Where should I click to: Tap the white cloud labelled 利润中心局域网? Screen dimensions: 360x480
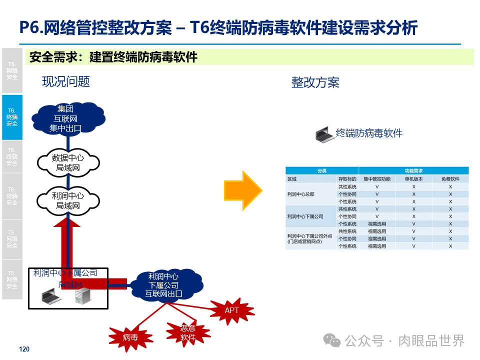tap(68, 200)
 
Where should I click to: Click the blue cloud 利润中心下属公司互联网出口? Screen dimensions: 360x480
tap(163, 285)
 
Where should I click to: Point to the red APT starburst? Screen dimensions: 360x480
tap(232, 310)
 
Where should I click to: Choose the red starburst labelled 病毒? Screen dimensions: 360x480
tap(130, 337)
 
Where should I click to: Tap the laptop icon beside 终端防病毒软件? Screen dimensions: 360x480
tap(324, 134)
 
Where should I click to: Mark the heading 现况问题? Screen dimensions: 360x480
tap(66, 81)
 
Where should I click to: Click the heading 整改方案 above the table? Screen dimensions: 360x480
tap(315, 82)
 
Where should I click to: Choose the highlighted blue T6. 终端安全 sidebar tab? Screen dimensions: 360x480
tap(12, 117)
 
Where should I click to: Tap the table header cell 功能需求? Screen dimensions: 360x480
tap(414, 170)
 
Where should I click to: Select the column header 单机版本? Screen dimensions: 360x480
tap(414, 178)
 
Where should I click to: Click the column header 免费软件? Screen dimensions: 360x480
tap(450, 178)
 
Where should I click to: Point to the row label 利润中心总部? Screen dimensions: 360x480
tap(301, 194)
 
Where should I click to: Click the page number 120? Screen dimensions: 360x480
tap(24, 349)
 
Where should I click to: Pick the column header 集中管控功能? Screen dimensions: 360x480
tap(377, 178)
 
